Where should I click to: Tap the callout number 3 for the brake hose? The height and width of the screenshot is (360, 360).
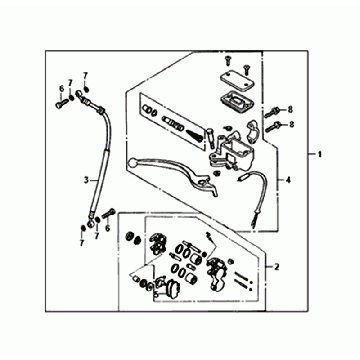pos(85,181)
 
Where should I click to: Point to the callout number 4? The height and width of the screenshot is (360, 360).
pos(288,180)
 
